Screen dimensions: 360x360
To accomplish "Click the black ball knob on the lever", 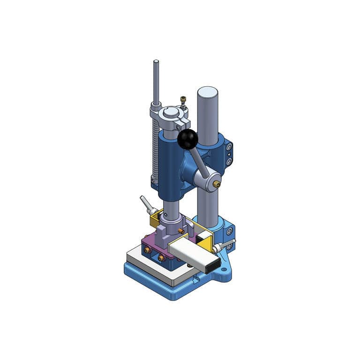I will [x=187, y=139].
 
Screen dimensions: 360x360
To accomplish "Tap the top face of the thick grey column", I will [x=207, y=91].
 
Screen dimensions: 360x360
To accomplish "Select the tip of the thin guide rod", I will [x=156, y=62].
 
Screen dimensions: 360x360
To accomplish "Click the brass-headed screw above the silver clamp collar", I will [x=183, y=99].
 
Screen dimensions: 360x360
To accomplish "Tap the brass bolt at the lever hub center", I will [x=217, y=184].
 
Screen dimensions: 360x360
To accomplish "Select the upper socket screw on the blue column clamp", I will [x=229, y=147].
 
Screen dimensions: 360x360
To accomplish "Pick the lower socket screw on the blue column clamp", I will [x=229, y=161].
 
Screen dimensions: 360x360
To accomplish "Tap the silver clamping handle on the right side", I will [x=223, y=246].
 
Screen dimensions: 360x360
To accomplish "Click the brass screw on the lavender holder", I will [x=180, y=231].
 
